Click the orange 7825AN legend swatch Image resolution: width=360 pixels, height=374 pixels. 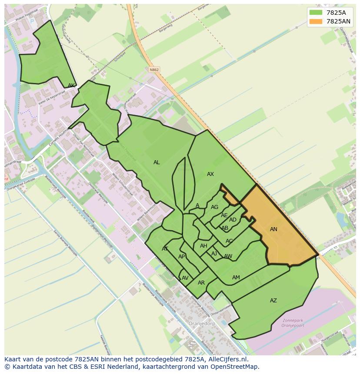(x=316, y=21)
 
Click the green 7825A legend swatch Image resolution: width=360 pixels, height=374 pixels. (x=316, y=13)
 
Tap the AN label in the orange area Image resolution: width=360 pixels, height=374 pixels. (x=273, y=229)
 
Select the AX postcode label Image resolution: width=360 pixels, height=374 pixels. (x=210, y=174)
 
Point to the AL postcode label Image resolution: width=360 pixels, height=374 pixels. (x=157, y=162)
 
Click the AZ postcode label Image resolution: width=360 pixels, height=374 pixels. (x=273, y=301)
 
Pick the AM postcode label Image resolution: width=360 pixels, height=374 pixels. (x=236, y=278)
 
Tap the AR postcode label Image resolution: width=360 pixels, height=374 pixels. (x=201, y=283)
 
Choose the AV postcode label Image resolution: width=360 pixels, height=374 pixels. (x=185, y=278)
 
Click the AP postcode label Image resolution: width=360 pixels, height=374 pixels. (x=182, y=257)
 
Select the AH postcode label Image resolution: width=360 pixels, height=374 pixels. (x=203, y=246)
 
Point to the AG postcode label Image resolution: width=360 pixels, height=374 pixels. (x=214, y=207)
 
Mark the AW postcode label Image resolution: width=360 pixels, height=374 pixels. (x=228, y=256)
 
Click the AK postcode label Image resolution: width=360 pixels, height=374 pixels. (x=71, y=86)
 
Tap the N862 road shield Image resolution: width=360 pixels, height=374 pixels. (x=153, y=70)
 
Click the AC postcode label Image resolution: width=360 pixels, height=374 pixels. (x=229, y=241)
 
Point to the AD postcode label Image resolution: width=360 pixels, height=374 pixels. (x=233, y=220)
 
